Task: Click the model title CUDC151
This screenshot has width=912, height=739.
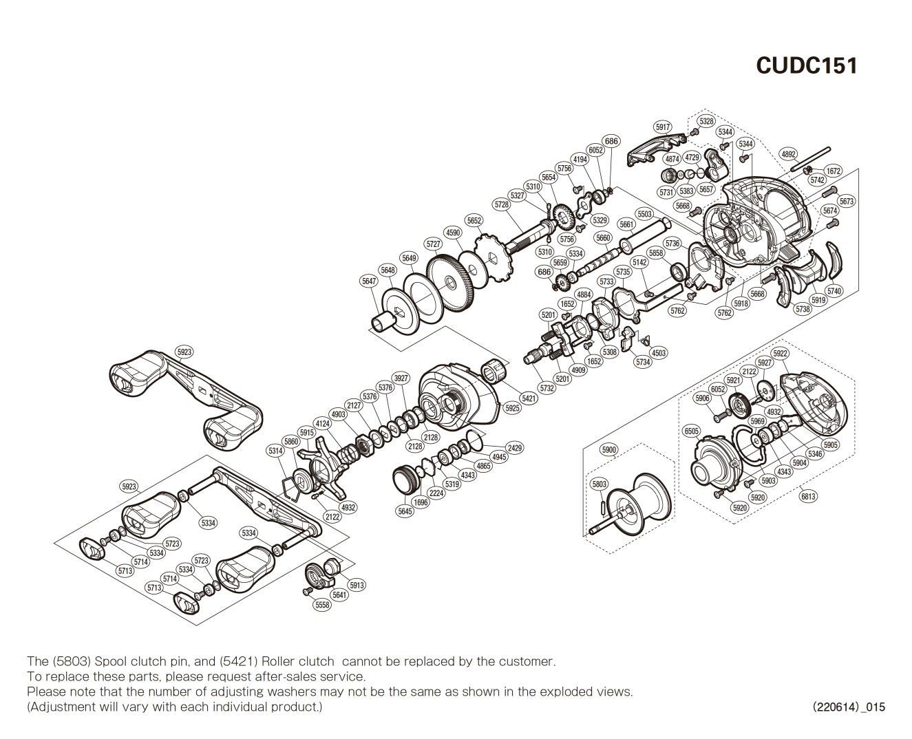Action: pos(807,65)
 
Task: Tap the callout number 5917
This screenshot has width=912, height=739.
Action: pos(663,127)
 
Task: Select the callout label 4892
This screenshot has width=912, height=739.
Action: pos(788,154)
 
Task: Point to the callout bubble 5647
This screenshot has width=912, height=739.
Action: pos(370,281)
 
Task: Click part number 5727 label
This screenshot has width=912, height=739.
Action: pos(434,244)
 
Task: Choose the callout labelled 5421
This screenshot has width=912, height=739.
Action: pos(529,398)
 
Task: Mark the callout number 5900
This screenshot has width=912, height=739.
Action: pos(609,450)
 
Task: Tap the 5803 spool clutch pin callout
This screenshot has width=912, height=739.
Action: pos(600,484)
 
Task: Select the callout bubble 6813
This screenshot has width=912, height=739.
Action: pos(809,496)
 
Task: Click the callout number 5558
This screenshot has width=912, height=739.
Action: pos(322,605)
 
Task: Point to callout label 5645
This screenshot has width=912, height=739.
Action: pos(405,511)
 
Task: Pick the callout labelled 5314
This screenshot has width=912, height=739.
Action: pos(275,451)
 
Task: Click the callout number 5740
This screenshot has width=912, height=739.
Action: pos(834,291)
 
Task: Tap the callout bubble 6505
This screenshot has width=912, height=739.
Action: pos(692,431)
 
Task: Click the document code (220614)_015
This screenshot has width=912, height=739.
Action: pos(849,707)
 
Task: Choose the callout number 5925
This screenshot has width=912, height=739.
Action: pos(513,408)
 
